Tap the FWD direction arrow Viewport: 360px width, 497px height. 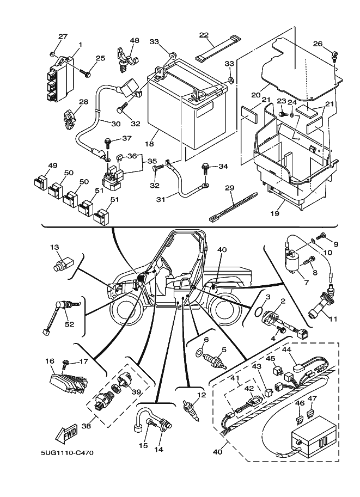click(66, 434)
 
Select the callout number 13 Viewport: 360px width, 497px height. click(54, 247)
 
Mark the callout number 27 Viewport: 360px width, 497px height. click(63, 36)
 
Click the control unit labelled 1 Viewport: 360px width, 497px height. click(61, 79)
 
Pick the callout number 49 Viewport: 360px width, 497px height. click(52, 165)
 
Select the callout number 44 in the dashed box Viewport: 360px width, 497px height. click(287, 349)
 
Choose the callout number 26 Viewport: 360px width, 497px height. click(318, 44)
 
